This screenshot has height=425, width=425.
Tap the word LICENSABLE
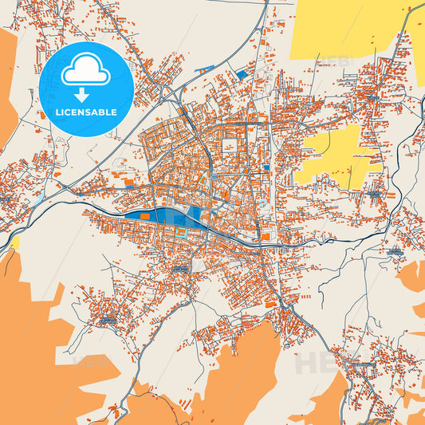85,112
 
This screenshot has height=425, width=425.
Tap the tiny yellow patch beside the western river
14,242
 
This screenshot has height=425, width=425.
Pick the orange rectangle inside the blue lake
144,215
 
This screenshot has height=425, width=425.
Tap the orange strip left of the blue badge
8,88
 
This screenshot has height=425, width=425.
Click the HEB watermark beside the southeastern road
315,363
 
